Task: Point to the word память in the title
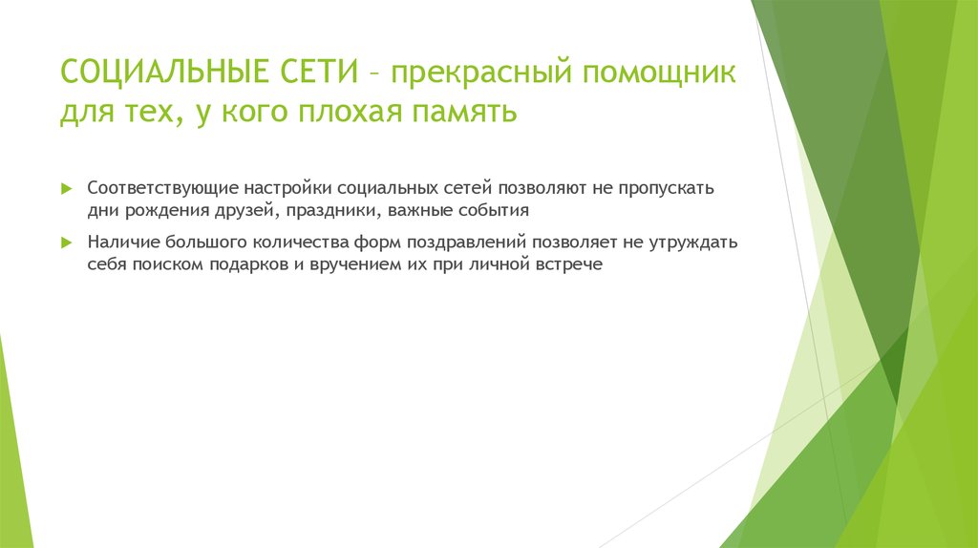click(x=467, y=114)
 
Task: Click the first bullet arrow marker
click(x=66, y=188)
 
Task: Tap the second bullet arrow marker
click(x=66, y=242)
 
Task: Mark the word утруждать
click(x=688, y=242)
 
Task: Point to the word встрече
click(x=572, y=263)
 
